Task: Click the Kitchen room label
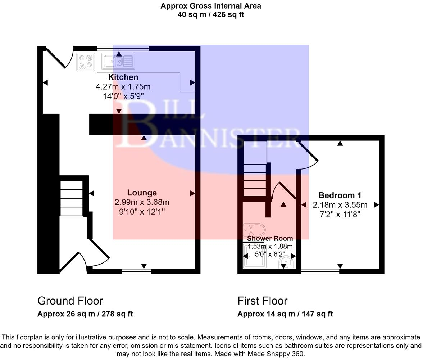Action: (123, 77)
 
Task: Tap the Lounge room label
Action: (142, 193)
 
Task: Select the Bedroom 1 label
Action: (340, 195)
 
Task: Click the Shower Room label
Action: (270, 238)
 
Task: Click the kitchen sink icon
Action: (118, 61)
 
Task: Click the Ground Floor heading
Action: (70, 301)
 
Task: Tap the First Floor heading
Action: (262, 301)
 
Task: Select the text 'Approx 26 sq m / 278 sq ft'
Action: (85, 314)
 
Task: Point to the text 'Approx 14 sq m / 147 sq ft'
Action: (285, 314)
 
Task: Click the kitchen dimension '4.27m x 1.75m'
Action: (123, 87)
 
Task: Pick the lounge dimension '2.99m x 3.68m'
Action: (142, 202)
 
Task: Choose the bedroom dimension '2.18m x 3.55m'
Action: (340, 205)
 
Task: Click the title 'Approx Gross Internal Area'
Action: (211, 6)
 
